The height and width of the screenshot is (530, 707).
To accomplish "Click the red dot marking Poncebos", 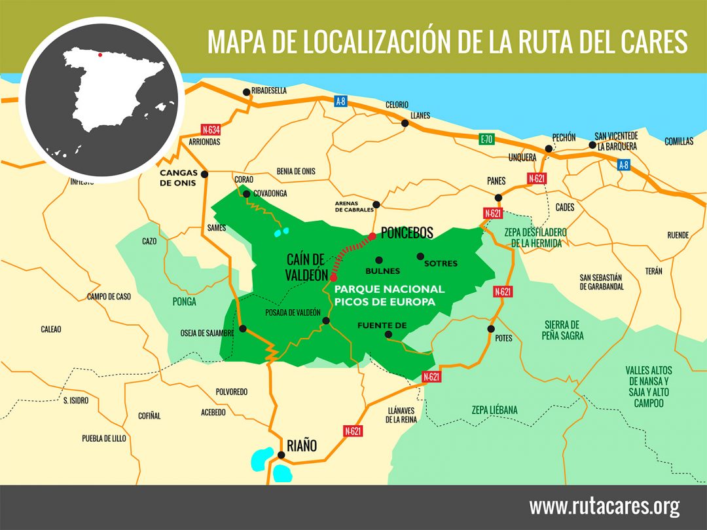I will (372, 236).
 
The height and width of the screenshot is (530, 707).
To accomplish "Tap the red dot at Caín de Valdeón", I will (334, 278).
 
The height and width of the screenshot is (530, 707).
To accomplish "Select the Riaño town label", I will (301, 446).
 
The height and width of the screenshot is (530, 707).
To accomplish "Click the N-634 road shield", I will (211, 129).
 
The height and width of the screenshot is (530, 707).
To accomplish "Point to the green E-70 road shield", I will (485, 139).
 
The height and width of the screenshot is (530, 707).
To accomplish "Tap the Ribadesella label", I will (269, 91).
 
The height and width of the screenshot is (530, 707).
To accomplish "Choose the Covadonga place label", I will (270, 193).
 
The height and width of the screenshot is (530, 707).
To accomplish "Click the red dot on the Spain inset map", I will (100, 55).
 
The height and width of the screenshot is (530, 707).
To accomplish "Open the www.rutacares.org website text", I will (604, 506).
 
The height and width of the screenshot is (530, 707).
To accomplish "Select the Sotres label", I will (441, 264).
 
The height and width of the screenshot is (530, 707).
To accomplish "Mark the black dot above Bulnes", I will (379, 260).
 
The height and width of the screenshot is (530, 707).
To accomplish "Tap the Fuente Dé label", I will (382, 325).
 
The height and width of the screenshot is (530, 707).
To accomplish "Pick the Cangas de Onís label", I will (177, 178).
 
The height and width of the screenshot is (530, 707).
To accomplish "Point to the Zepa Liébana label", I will (494, 410).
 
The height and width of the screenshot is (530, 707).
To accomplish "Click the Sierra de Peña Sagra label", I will (562, 330).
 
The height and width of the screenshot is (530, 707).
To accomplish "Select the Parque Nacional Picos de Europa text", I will (390, 295).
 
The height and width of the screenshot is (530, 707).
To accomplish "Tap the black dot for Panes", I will (498, 197).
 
